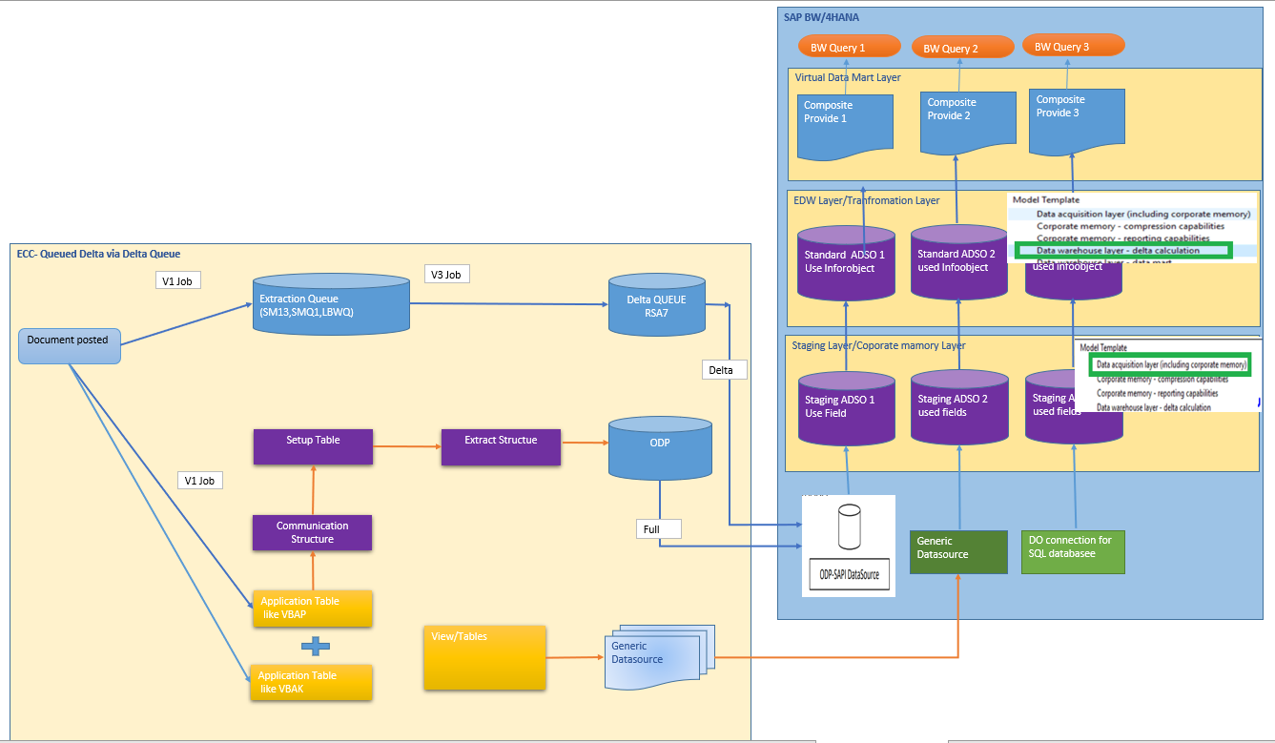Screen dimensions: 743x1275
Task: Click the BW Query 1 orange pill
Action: (x=849, y=47)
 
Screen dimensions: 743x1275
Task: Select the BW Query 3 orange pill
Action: (x=1073, y=46)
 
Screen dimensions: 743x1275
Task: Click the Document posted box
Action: (x=70, y=344)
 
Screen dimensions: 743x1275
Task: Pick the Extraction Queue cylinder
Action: (x=330, y=304)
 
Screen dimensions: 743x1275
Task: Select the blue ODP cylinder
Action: (x=660, y=447)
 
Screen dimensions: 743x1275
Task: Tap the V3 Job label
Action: (x=447, y=275)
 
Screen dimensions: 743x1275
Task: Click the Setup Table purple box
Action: (x=313, y=446)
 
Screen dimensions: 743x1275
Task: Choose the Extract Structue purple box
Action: (x=501, y=446)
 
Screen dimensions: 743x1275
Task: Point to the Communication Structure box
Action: (x=312, y=532)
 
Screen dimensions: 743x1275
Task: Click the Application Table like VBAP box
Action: (x=311, y=609)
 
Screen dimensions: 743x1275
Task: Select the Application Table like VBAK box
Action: (x=310, y=682)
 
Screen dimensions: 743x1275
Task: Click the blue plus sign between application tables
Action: (x=315, y=646)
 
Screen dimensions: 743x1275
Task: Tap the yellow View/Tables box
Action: (x=484, y=657)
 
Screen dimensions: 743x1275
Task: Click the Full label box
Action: (x=660, y=527)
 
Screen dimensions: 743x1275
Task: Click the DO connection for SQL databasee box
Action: (x=1073, y=552)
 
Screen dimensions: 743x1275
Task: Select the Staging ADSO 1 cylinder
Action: (x=847, y=407)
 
